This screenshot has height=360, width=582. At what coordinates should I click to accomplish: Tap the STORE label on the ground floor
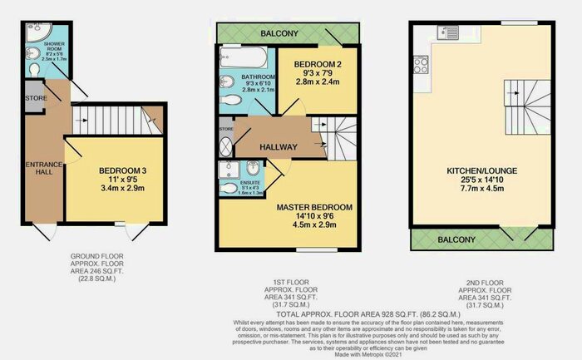34,96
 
